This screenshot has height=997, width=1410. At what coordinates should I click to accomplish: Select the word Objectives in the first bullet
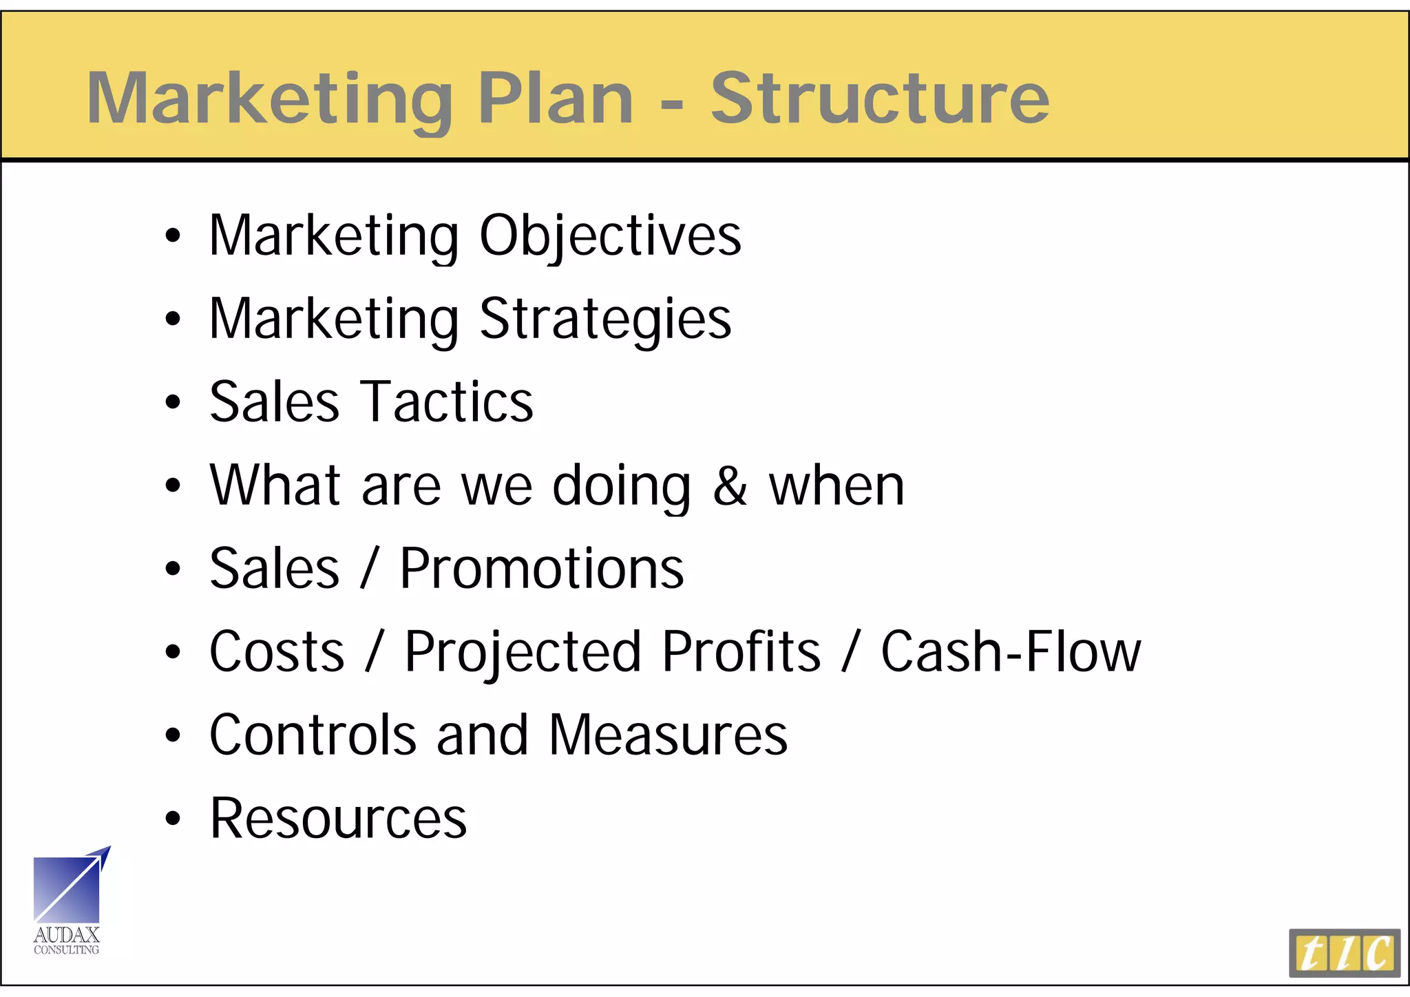610,236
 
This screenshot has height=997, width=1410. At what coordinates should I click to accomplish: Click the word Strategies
605,319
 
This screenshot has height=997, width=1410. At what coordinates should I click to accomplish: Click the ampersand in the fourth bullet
730,486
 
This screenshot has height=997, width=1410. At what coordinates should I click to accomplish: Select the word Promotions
542,569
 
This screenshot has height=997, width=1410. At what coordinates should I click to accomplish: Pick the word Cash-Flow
1011,652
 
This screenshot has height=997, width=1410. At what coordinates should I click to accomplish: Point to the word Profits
741,652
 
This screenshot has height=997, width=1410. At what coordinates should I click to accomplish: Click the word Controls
313,735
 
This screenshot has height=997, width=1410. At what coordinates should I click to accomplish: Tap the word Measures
668,735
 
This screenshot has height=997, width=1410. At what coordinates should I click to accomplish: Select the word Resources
338,819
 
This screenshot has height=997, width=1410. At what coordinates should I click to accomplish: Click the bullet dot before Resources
173,819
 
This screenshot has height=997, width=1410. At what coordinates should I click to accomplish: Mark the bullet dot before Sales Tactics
173,402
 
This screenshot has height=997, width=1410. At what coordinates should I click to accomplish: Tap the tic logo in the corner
1344,953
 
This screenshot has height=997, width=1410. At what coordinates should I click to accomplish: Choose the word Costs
277,652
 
